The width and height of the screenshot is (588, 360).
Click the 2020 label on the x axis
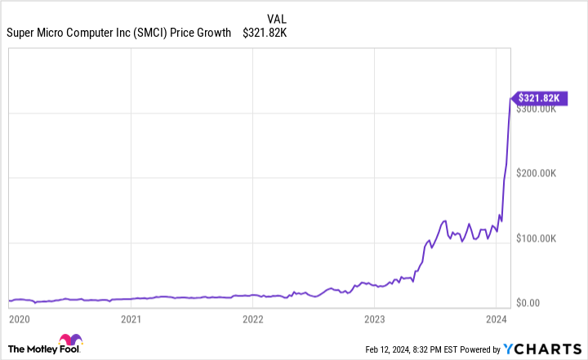point(20,317)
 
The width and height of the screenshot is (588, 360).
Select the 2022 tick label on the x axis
point(252,317)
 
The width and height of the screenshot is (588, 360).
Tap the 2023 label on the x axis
point(374,317)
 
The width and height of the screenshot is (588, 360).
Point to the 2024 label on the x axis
point(496,317)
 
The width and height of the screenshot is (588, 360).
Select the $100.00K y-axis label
point(540,238)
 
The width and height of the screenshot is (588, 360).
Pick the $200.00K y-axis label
point(540,174)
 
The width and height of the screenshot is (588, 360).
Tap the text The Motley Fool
point(31,347)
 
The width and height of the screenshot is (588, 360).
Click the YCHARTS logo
point(541,349)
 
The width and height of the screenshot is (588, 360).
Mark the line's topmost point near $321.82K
point(510,98)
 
